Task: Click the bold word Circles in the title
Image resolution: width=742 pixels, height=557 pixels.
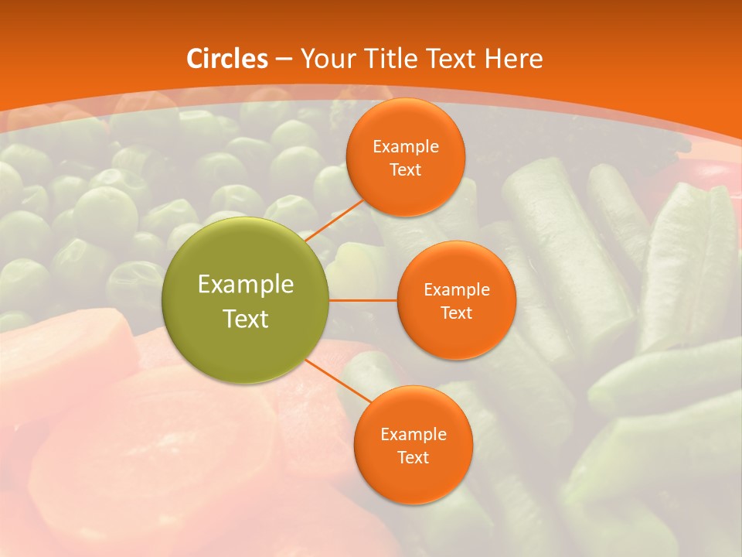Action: [227, 59]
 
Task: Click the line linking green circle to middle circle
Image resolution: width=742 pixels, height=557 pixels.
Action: [362, 299]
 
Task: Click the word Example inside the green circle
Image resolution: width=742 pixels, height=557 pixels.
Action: [246, 285]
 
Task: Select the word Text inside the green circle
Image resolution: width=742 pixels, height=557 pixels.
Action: [246, 319]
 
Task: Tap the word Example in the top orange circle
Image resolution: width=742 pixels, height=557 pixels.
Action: [405, 146]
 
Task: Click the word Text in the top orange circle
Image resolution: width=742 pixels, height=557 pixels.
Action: [405, 169]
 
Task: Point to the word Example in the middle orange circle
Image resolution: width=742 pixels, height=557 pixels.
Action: [456, 289]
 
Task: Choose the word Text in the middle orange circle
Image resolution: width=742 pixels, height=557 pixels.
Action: [456, 313]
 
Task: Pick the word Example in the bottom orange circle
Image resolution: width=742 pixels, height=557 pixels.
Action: [413, 434]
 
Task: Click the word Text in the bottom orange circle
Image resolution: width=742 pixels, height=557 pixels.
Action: [413, 457]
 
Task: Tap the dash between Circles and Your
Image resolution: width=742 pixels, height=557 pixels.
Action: [283, 59]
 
